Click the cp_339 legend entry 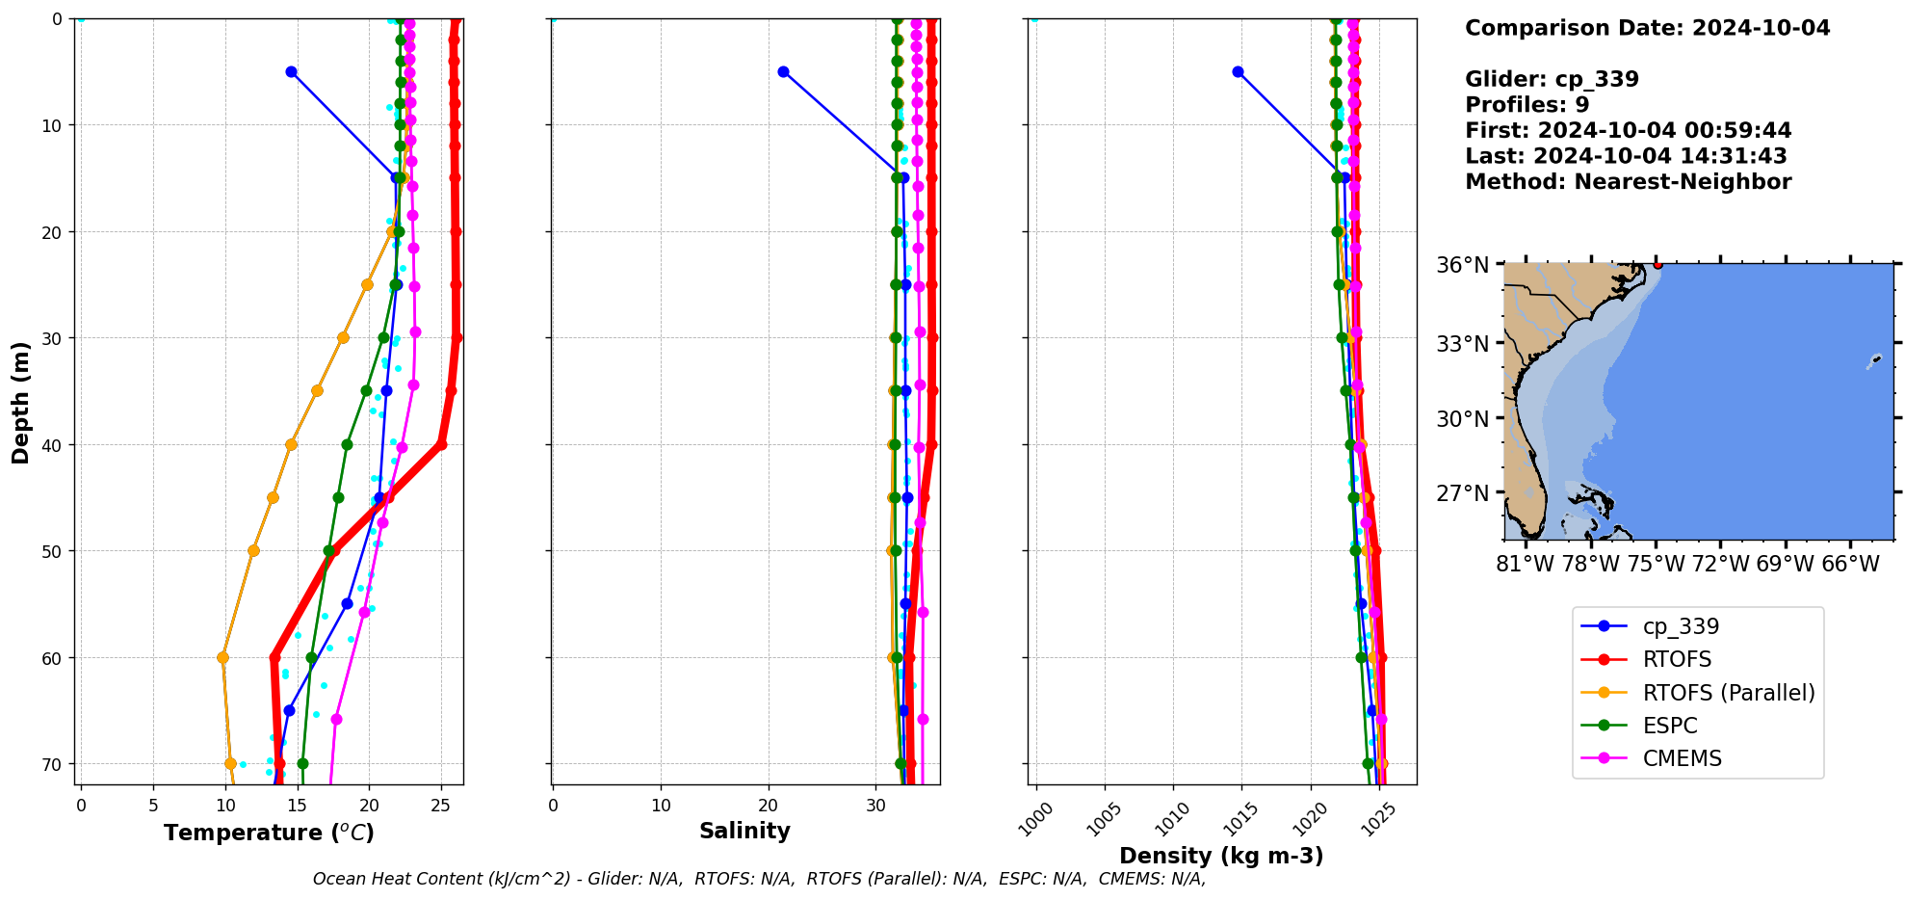click(1680, 626)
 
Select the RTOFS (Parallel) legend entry click(1728, 693)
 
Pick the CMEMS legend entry click(1682, 758)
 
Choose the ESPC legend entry click(1670, 726)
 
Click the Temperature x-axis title click(269, 833)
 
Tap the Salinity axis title click(744, 831)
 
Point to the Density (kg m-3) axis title click(1220, 856)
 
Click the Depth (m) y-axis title click(20, 402)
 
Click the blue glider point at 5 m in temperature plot click(291, 72)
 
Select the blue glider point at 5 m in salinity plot click(783, 72)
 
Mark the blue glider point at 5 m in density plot click(1238, 72)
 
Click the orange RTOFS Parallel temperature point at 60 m click(222, 658)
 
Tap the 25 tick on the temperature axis click(441, 805)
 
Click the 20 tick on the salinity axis click(768, 805)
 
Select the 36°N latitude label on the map click(1462, 265)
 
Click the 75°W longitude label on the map click(1656, 564)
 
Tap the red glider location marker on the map click(1657, 264)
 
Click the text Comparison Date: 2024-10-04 click(1647, 28)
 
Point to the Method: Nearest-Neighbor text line click(1628, 182)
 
